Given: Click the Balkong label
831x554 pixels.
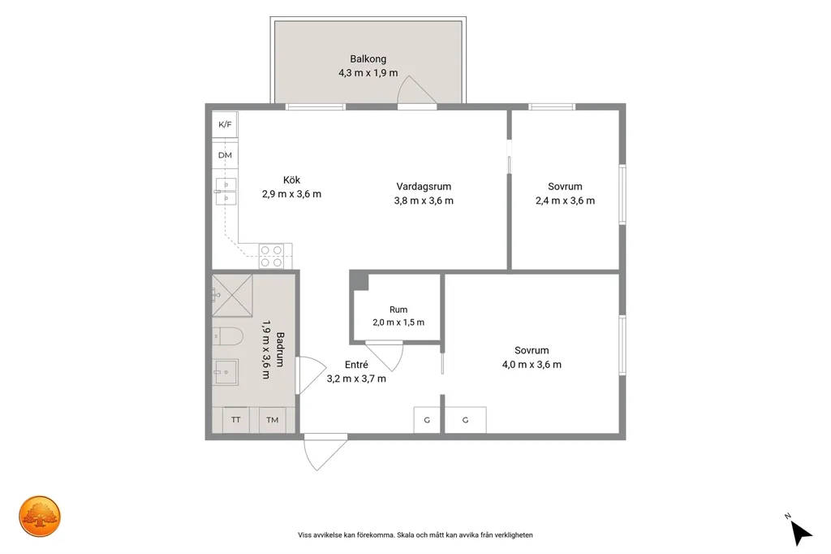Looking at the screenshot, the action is click(x=368, y=59).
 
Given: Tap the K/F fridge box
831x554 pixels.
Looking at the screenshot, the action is click(x=225, y=125).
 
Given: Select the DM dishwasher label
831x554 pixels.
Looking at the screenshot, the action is click(x=225, y=155).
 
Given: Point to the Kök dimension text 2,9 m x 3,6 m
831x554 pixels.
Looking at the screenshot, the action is click(x=291, y=194).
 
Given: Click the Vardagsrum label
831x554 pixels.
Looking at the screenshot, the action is click(x=424, y=187).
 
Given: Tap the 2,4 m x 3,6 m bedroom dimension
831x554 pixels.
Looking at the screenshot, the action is click(x=565, y=201).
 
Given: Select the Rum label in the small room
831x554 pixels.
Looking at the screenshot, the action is click(x=398, y=310).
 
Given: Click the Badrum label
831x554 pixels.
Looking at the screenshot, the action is click(x=280, y=349).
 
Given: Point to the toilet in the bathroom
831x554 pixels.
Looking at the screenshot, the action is click(x=227, y=336).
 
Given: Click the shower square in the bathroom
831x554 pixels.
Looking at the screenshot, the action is click(x=232, y=296).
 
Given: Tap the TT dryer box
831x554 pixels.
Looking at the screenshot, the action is click(x=236, y=420).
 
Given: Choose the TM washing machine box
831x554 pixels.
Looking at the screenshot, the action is click(x=273, y=420).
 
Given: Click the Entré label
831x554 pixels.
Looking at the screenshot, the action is click(x=356, y=365).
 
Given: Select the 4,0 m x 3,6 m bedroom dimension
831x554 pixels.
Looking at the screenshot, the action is click(x=532, y=365).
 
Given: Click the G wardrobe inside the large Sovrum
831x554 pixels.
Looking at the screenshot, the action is click(x=465, y=420).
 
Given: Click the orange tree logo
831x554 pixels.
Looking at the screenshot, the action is click(x=40, y=517).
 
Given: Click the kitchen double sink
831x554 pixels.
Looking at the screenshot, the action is click(x=226, y=192).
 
